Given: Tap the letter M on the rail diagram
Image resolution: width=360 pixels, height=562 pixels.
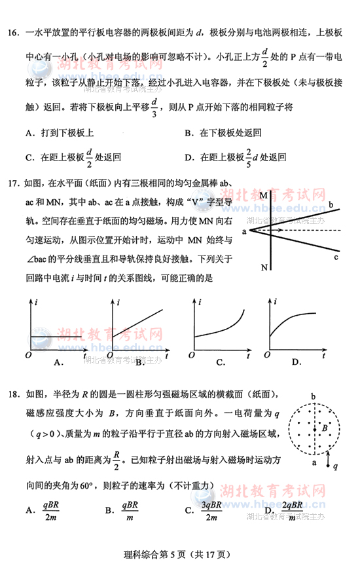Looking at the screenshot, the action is (x=262, y=196).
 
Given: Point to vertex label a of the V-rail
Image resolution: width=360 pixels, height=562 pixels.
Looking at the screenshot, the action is (x=243, y=231).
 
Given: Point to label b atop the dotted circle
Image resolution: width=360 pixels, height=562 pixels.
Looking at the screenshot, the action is (x=313, y=397).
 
